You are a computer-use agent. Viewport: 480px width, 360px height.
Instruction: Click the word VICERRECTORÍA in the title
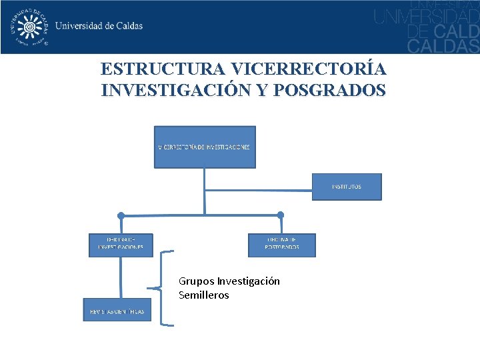click(x=309, y=69)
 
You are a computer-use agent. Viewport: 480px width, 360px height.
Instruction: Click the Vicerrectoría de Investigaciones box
click(x=205, y=147)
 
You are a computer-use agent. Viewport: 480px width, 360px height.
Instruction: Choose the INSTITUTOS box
click(x=347, y=187)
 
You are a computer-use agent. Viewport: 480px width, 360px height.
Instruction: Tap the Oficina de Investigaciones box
click(x=121, y=245)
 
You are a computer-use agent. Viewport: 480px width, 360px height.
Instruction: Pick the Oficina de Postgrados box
click(x=282, y=245)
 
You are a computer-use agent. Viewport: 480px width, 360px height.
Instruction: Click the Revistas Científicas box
click(x=117, y=310)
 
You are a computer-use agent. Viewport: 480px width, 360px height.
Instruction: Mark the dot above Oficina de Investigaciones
click(x=121, y=215)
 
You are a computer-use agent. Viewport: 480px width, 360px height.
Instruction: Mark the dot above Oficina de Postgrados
click(x=281, y=215)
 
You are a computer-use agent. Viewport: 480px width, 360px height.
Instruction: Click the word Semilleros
click(x=203, y=295)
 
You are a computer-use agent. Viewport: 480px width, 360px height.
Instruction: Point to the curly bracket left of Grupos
click(x=163, y=288)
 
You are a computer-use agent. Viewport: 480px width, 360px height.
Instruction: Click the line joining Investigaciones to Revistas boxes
click(x=121, y=277)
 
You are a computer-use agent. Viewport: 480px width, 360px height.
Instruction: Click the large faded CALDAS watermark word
click(x=443, y=45)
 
